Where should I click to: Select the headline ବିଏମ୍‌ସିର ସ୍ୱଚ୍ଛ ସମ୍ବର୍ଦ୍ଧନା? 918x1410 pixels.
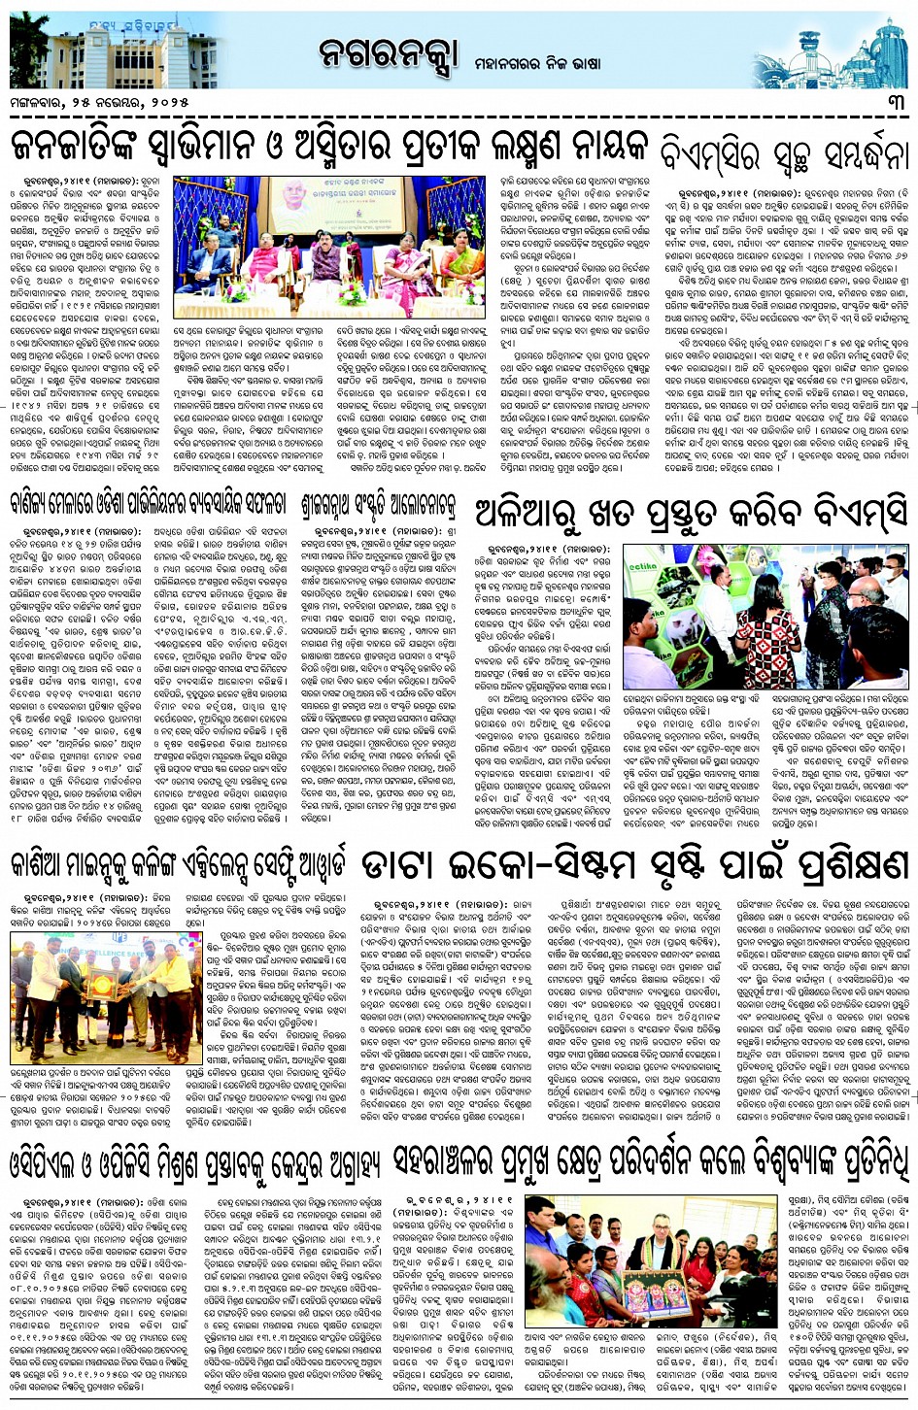(x=784, y=154)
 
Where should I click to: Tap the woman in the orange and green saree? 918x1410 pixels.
(x=462, y=263)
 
